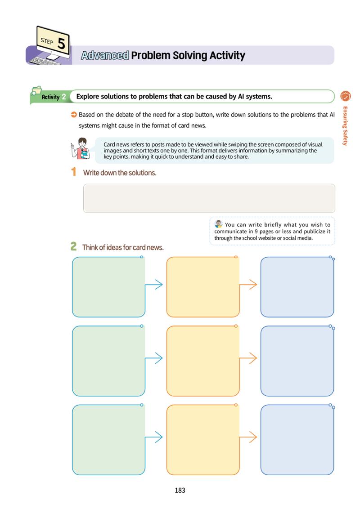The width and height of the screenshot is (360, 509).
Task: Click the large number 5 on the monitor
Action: click(x=61, y=43)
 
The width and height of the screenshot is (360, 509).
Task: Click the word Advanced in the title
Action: click(x=105, y=55)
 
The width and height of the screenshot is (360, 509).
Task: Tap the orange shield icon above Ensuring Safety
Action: click(x=345, y=96)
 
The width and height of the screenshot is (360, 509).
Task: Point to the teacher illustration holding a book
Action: click(x=80, y=148)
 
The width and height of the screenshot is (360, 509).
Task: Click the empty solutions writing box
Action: click(x=209, y=198)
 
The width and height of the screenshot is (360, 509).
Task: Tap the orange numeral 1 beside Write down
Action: click(x=74, y=172)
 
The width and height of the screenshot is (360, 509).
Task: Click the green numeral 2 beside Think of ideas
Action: click(x=74, y=246)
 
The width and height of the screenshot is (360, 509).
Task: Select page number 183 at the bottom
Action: click(x=180, y=490)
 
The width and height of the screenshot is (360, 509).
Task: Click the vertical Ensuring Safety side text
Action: click(x=345, y=125)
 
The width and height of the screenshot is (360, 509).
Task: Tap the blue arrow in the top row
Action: click(x=153, y=284)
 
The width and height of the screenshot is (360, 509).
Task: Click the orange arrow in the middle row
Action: click(x=248, y=358)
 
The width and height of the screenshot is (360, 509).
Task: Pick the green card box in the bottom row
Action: click(x=108, y=440)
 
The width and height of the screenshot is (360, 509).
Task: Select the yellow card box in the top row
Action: click(x=203, y=287)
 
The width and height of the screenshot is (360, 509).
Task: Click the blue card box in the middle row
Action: click(x=297, y=361)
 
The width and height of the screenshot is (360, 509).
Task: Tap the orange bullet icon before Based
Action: click(x=74, y=115)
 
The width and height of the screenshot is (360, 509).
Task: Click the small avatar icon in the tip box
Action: click(x=219, y=223)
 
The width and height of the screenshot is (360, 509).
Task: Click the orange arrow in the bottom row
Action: click(x=248, y=437)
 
